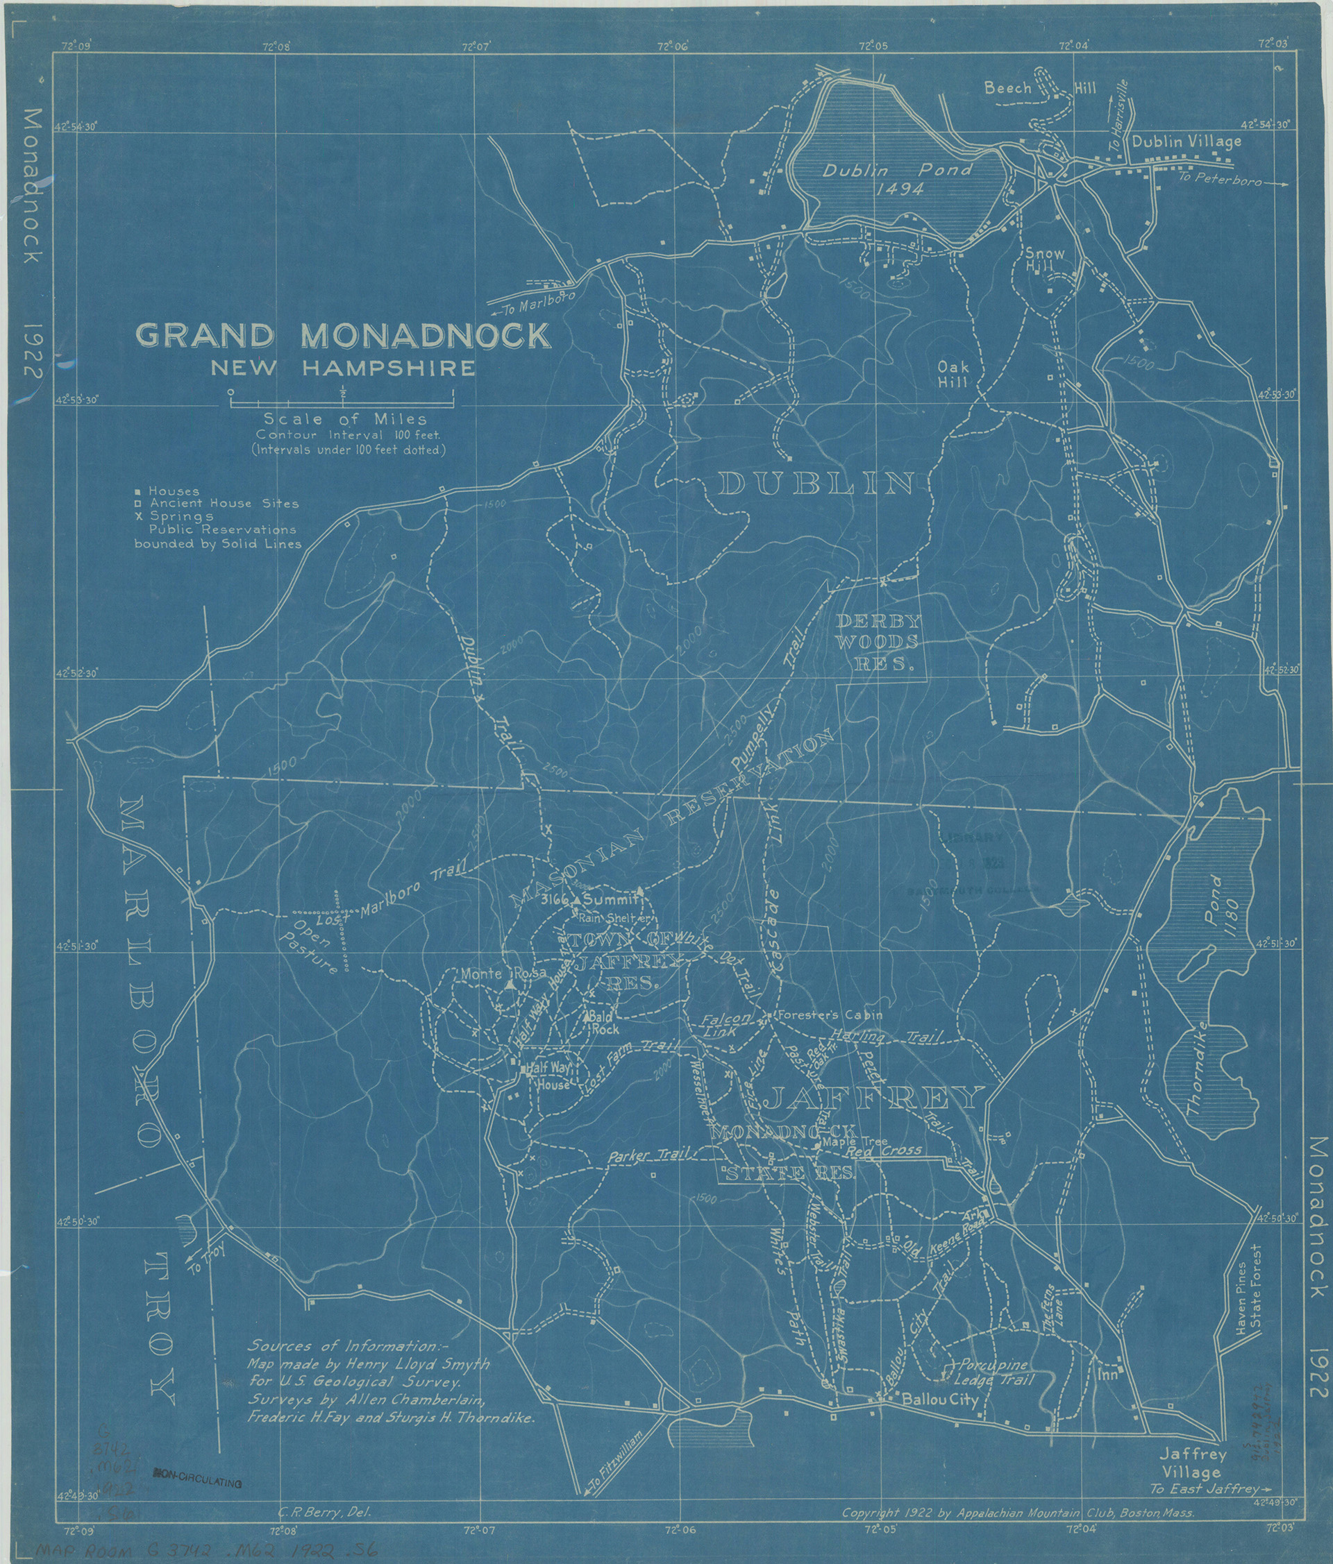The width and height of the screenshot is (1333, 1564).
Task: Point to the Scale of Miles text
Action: pyautogui.click(x=344, y=419)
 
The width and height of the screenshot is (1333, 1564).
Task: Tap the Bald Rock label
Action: pyautogui.click(x=604, y=1023)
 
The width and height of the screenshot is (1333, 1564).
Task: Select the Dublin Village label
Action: pyautogui.click(x=1185, y=141)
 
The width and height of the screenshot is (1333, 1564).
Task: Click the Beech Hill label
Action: pyautogui.click(x=1039, y=89)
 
